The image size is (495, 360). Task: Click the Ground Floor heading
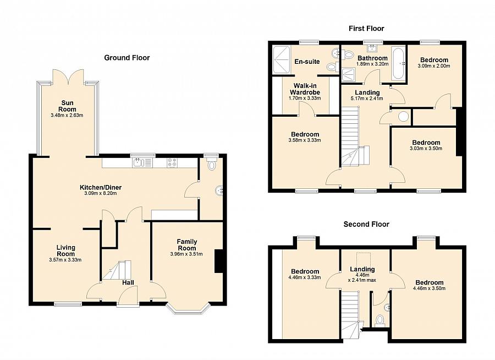(x=127, y=58)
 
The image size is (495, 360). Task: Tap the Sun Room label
(x=67, y=106)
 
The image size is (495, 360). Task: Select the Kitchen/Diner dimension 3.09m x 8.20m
(x=101, y=193)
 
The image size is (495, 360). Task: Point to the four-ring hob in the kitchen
(x=172, y=162)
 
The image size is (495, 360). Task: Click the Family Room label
(x=187, y=245)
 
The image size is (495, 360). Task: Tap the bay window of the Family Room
(x=188, y=309)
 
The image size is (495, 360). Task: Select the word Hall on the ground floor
(x=128, y=282)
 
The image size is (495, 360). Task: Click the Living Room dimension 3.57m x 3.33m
(x=65, y=260)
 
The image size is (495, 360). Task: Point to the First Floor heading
(x=366, y=29)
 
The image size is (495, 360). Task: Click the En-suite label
(x=307, y=62)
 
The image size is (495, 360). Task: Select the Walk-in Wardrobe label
(x=305, y=89)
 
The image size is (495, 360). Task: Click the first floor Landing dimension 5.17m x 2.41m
(x=367, y=99)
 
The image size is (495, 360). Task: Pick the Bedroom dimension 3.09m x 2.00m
(x=434, y=66)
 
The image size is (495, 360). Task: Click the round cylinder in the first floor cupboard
(x=403, y=116)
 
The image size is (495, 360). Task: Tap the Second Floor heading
(x=366, y=224)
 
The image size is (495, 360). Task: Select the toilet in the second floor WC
(x=380, y=320)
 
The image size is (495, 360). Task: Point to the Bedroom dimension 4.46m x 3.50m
(x=430, y=288)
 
